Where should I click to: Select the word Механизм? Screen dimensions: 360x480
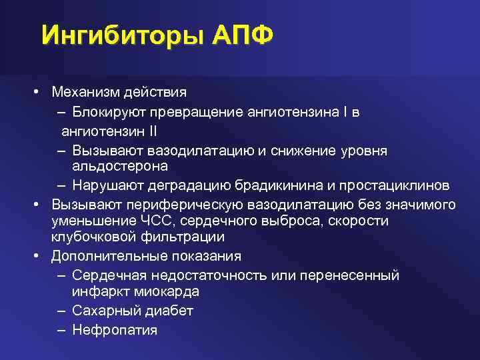(x=84, y=91)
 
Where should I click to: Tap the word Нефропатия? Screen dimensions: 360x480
(x=115, y=329)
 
